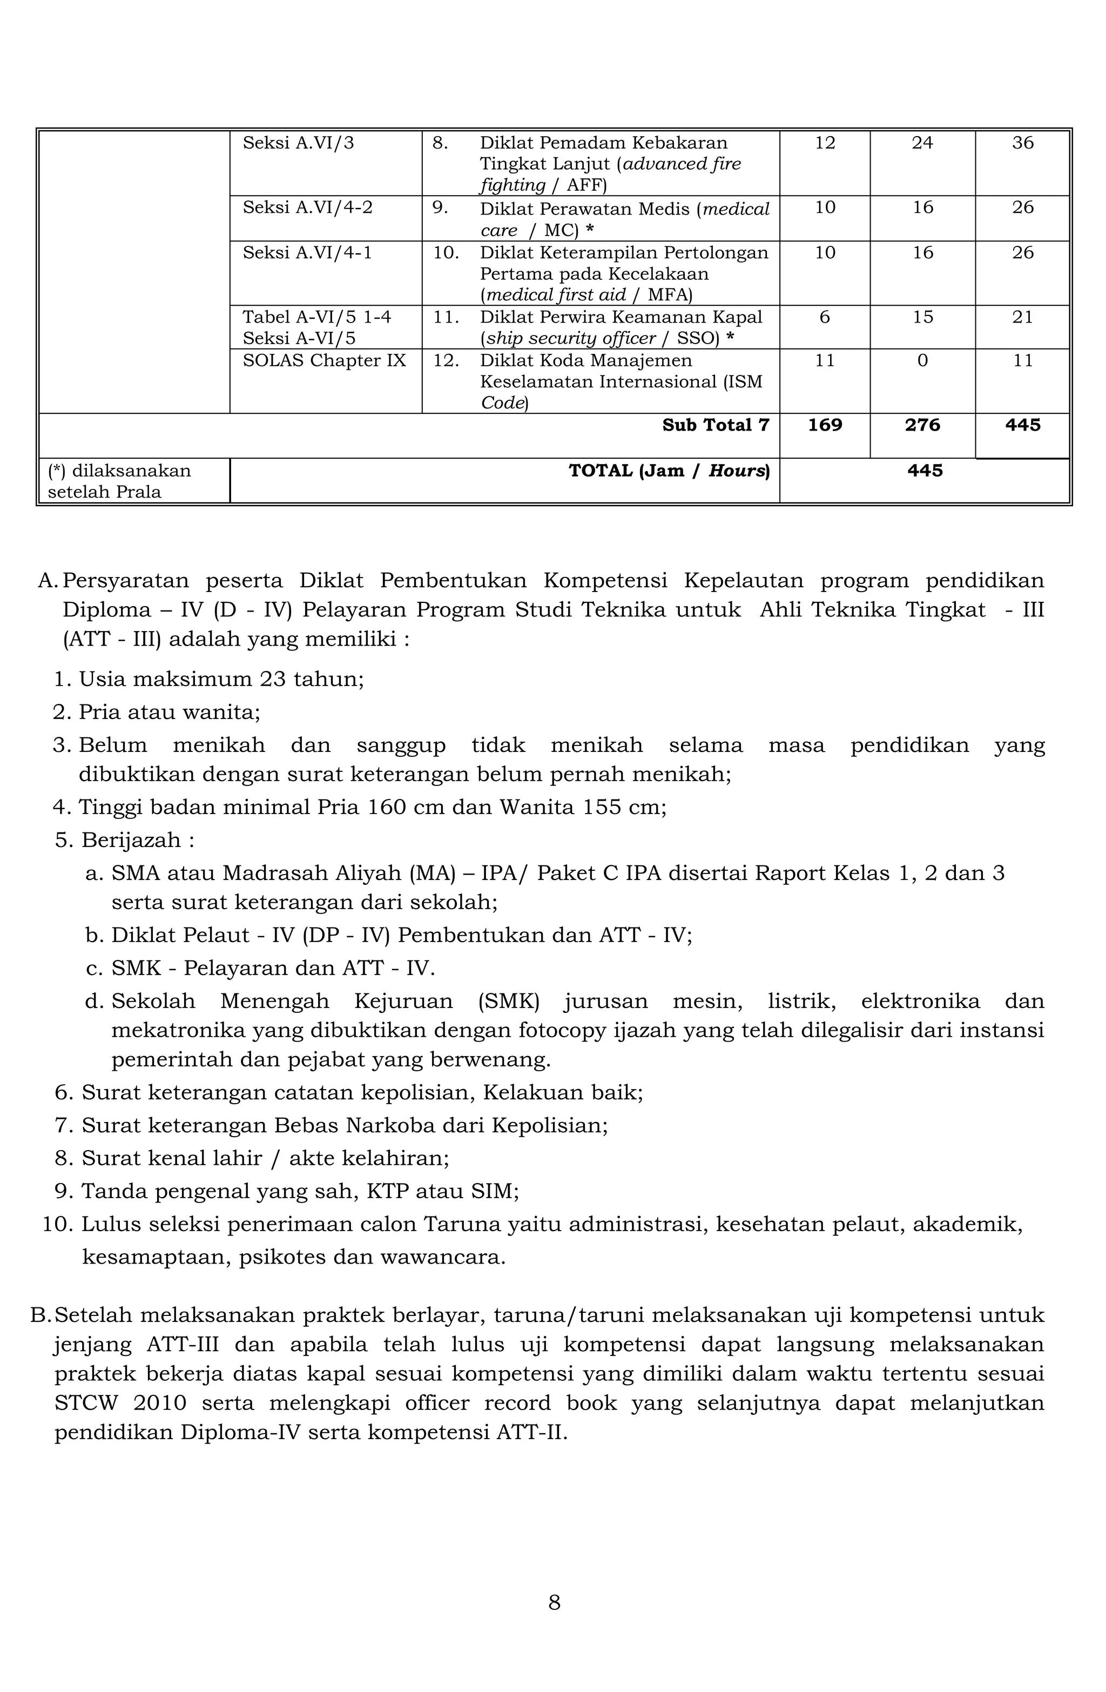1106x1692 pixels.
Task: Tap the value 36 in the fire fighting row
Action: pos(1022,143)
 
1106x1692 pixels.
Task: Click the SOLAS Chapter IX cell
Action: pos(324,360)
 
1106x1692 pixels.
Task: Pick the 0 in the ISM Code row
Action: pos(922,360)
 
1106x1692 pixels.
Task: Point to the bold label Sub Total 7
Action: pos(715,425)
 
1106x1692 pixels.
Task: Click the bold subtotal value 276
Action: pos(922,425)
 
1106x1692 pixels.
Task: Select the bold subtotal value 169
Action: pos(825,425)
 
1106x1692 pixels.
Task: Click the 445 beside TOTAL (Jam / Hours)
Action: pos(925,471)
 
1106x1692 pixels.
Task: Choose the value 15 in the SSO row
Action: pos(922,317)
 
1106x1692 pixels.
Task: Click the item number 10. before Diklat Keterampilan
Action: pos(446,252)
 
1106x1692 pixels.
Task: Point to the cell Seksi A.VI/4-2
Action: pos(307,207)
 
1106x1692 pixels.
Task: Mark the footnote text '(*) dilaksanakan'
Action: pos(119,471)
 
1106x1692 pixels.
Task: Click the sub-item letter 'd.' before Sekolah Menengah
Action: pos(94,1001)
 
